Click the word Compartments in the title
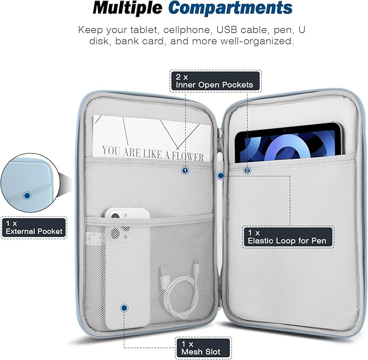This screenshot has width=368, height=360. coord(230,9)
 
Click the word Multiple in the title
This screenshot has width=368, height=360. coord(127,8)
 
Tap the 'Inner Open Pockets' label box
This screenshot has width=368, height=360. coord(216,81)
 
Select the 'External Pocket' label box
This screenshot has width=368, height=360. coord(34,227)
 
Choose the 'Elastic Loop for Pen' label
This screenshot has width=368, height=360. coord(288,237)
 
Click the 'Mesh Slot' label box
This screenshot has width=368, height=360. coord(203,348)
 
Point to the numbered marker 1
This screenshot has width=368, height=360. coord(185,171)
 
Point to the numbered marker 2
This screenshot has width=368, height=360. coord(247,171)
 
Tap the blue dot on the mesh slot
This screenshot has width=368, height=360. coord(124,307)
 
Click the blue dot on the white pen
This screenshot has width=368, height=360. coord(221,175)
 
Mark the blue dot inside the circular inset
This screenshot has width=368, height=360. coord(27,195)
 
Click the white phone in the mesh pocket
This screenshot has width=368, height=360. coord(127,268)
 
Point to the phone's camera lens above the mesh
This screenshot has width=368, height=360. coord(115,216)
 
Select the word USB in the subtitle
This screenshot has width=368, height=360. coord(227,30)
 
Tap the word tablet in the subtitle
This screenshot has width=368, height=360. coord(144,30)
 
